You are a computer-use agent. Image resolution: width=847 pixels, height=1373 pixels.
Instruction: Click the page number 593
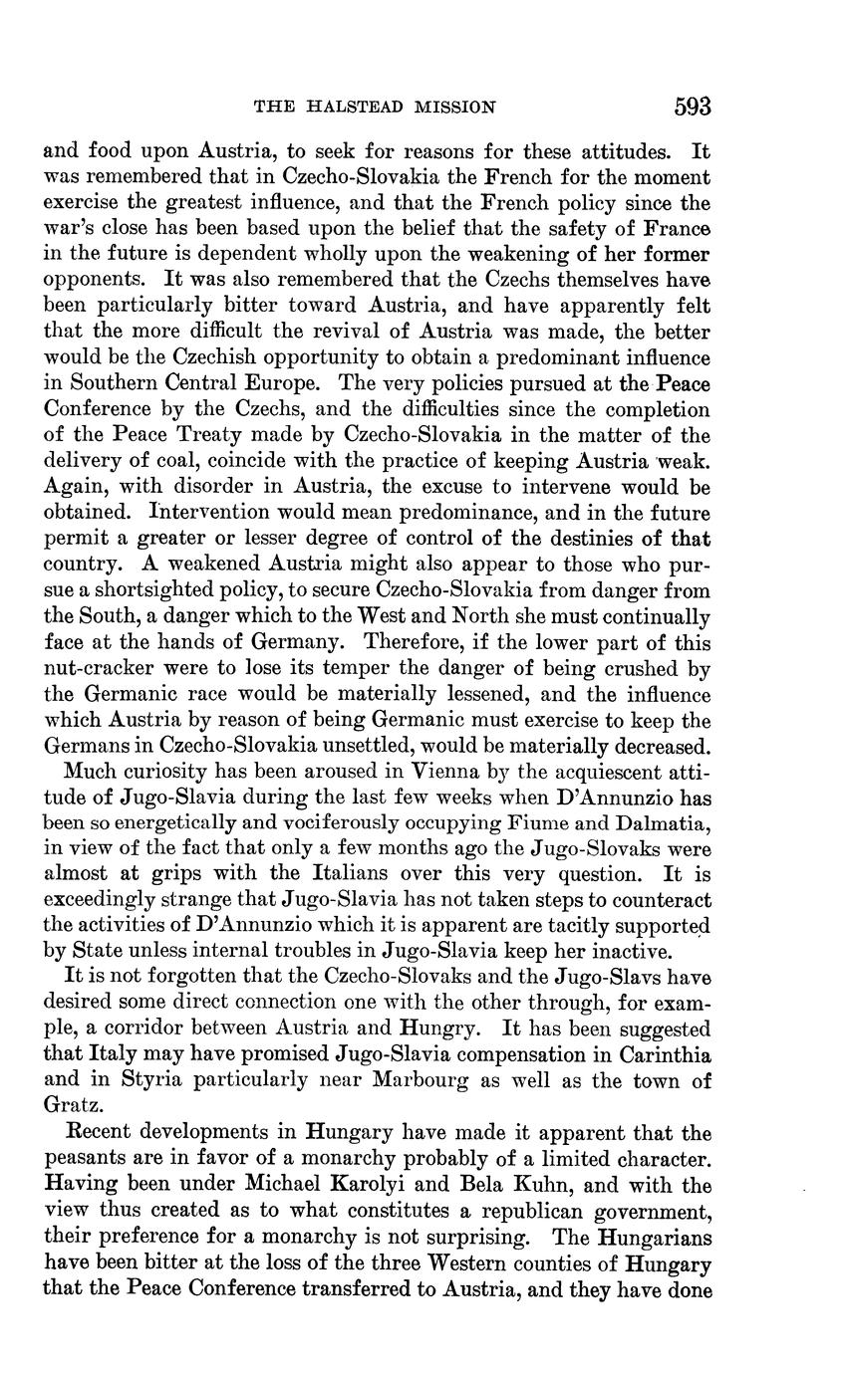(692, 107)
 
